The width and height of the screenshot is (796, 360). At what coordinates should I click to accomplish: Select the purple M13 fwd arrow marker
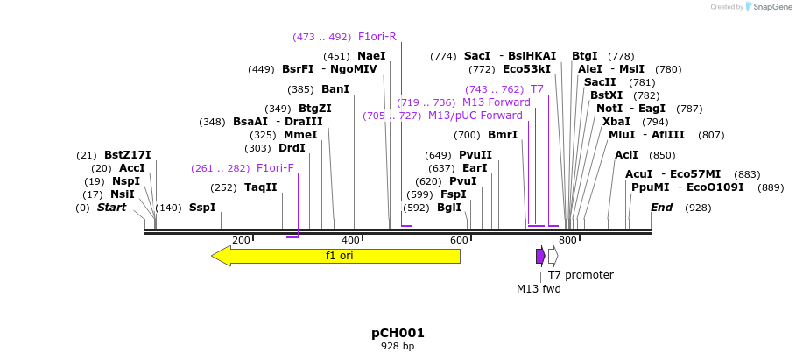coord(540,256)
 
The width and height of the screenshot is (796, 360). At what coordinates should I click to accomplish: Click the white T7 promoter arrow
coord(553,256)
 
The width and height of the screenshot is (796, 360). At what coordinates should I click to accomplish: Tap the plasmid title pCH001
coord(398,333)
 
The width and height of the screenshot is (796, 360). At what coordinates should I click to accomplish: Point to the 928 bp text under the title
coord(398,347)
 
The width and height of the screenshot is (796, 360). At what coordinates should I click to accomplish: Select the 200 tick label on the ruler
coord(241,240)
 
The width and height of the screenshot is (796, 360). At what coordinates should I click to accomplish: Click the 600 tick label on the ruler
coord(459,240)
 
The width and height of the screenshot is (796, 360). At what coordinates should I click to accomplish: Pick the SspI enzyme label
coord(202,208)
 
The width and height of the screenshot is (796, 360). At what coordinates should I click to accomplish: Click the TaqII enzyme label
coord(260,187)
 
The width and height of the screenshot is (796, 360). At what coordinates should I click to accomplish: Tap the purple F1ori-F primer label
coord(275,168)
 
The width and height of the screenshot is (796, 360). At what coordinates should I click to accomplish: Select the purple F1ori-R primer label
coord(377,37)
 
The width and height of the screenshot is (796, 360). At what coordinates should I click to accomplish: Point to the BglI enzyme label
coord(448,208)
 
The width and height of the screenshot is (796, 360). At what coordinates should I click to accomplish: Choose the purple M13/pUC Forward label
coord(475,116)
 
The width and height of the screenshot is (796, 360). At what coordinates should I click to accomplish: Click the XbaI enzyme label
coord(616,122)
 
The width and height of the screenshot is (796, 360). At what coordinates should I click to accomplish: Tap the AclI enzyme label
coord(626,155)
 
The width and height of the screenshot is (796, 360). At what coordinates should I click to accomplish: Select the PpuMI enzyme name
coord(650,187)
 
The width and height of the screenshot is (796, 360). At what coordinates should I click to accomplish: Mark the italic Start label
coord(111,208)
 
